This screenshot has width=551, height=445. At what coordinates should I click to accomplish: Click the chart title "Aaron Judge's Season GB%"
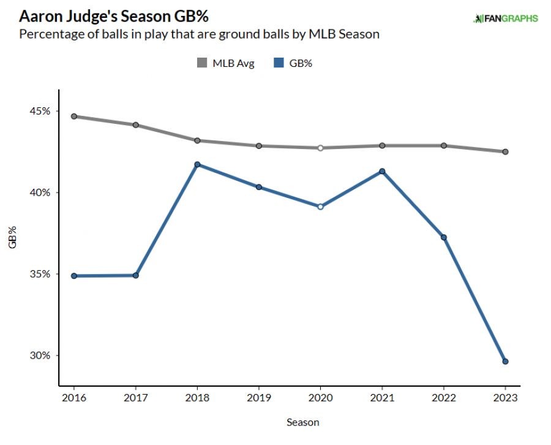[117, 14]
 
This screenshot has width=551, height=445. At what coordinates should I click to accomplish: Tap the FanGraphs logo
[505, 18]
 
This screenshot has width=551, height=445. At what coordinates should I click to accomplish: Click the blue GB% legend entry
[293, 63]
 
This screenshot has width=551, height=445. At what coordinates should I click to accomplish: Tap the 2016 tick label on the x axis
[73, 397]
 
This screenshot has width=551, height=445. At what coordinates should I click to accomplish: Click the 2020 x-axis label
[320, 397]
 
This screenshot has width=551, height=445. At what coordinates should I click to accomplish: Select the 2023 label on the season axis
[505, 397]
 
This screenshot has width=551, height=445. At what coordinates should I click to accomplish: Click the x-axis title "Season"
[302, 422]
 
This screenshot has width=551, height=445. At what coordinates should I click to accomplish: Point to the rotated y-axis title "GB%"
[13, 237]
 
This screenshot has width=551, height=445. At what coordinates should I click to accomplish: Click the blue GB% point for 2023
[505, 362]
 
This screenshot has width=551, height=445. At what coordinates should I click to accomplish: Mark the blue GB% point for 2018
[197, 164]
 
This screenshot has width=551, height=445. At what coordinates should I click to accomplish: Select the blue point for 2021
[382, 171]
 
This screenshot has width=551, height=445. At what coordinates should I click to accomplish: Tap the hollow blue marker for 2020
[320, 207]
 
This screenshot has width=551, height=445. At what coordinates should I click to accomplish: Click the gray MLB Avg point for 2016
[73, 116]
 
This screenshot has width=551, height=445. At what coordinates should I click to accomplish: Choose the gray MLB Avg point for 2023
[505, 151]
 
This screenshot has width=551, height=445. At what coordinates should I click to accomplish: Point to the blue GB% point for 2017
[135, 275]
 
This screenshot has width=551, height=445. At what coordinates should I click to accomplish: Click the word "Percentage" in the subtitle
[48, 34]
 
